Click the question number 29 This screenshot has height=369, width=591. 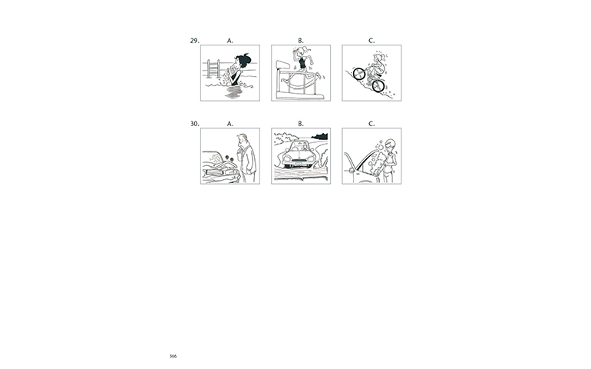[x=194, y=41]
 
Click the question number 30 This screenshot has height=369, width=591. [x=194, y=124]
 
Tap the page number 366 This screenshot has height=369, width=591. [x=173, y=356]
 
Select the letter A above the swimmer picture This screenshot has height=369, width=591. [x=230, y=41]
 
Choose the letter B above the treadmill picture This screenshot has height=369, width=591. [x=301, y=41]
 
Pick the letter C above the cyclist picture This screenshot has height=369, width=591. [x=371, y=41]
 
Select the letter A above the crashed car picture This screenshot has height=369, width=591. [x=230, y=124]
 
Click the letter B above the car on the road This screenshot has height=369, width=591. [x=301, y=124]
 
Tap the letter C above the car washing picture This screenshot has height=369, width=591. [x=371, y=124]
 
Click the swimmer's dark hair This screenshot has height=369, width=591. [x=243, y=61]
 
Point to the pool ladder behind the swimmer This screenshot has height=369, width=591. [x=213, y=68]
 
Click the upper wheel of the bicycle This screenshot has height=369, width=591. [x=359, y=74]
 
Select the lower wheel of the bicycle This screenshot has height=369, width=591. [x=378, y=86]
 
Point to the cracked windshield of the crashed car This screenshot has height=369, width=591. [x=214, y=158]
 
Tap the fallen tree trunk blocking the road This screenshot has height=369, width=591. [x=300, y=174]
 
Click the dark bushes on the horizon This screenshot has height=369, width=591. [x=319, y=136]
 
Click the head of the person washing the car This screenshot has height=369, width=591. [x=391, y=145]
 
